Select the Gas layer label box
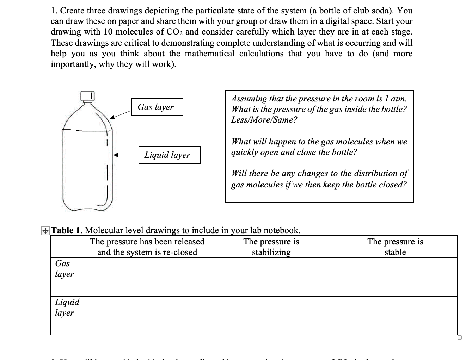pyautogui.click(x=158, y=107)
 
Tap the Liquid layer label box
pyautogui.click(x=169, y=155)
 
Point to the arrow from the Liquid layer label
pyautogui.click(x=125, y=155)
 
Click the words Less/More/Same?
pyautogui.click(x=264, y=120)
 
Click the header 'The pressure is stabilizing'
pyautogui.click(x=271, y=247)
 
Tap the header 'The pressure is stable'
pyautogui.click(x=395, y=247)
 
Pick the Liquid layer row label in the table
pyautogui.click(x=67, y=308)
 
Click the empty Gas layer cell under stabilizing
pyautogui.click(x=271, y=277)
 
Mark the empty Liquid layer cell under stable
pyautogui.click(x=395, y=316)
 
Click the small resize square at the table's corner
pyautogui.click(x=459, y=338)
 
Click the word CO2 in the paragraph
pyautogui.click(x=174, y=32)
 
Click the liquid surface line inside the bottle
pyautogui.click(x=87, y=130)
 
